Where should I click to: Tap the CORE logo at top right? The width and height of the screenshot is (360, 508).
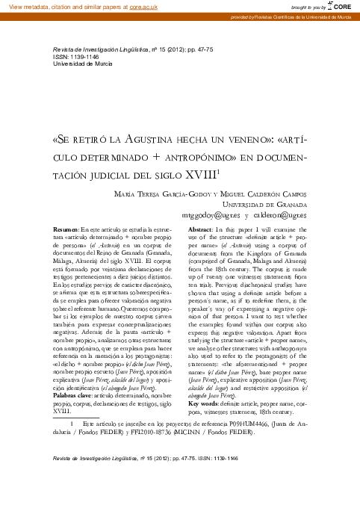click(341, 6)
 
